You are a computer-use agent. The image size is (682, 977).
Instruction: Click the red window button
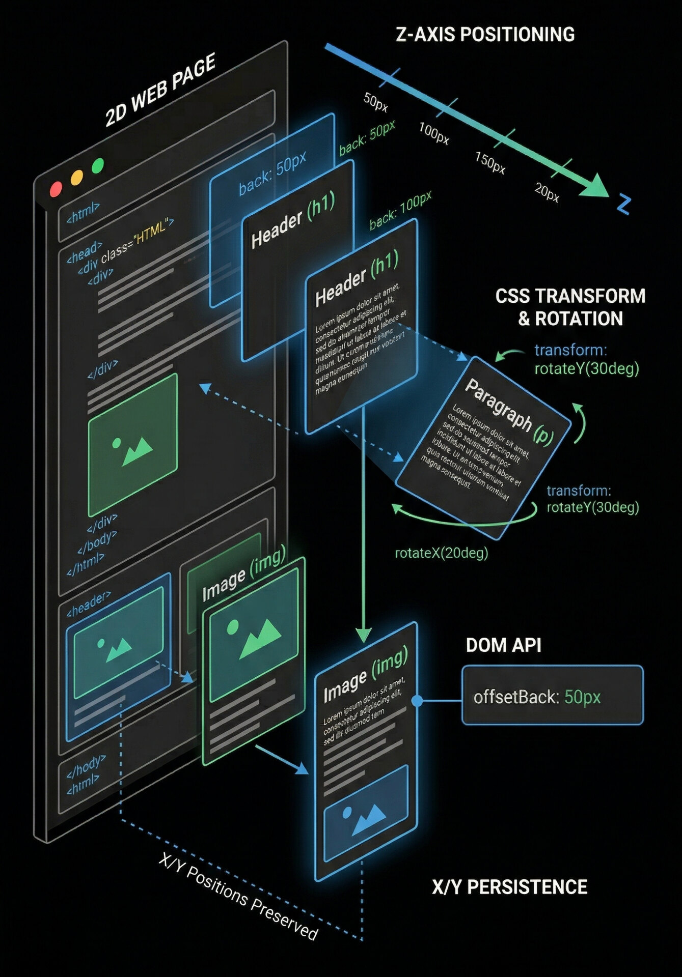pos(56,189)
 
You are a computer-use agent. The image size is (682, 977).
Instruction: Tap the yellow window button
pos(76,177)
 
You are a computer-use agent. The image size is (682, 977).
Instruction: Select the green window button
pos(98,165)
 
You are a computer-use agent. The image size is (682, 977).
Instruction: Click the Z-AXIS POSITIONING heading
pos(485,35)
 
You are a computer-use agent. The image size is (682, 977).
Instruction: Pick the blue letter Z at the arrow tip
pos(624,205)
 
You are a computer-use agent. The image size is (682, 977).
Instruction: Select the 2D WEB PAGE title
pos(160,90)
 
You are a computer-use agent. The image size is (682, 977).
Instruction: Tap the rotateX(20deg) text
pos(441,553)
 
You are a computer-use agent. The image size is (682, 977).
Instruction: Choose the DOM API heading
pos(503,645)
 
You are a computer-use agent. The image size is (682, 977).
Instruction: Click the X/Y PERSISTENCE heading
pos(509,887)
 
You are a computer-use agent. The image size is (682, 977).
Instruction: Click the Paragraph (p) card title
pos(509,412)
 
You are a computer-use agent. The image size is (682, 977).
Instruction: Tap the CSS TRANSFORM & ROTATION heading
pos(570,307)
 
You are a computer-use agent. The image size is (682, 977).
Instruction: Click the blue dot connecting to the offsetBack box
pos(417,701)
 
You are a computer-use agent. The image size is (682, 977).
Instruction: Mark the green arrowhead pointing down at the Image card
pos(363,636)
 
